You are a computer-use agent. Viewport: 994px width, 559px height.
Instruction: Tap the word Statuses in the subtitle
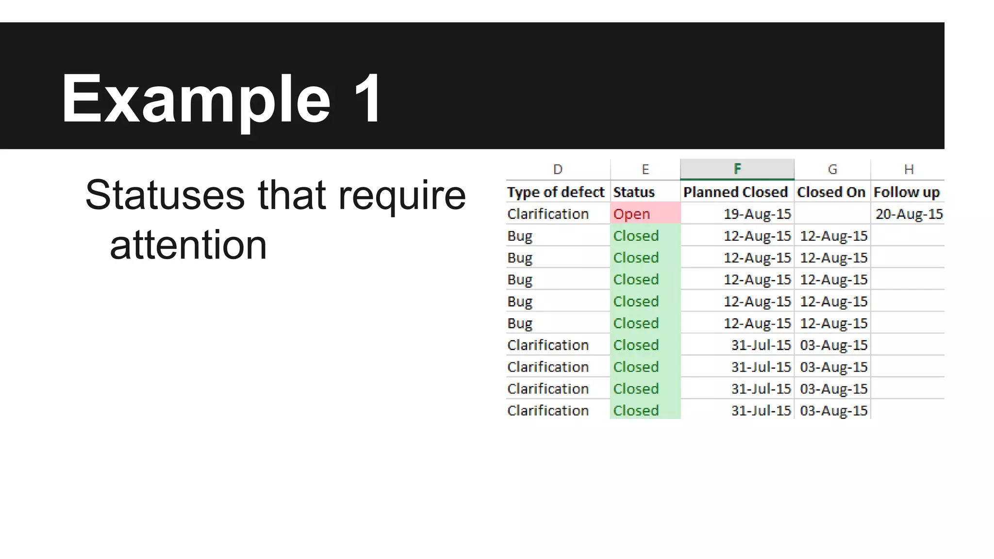click(x=165, y=195)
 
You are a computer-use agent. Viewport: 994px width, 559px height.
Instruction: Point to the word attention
click(x=188, y=245)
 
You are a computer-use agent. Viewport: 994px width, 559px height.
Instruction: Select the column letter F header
click(x=737, y=169)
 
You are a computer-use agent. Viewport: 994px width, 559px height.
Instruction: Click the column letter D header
click(x=558, y=169)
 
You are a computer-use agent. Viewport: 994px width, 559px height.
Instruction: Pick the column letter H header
click(x=909, y=169)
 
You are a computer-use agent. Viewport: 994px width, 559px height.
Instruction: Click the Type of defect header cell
click(x=556, y=192)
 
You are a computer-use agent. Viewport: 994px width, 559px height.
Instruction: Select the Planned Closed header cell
click(x=735, y=192)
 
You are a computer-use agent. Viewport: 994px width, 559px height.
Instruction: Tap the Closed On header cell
click(x=831, y=192)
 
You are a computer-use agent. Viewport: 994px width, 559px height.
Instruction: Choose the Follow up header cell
click(x=907, y=192)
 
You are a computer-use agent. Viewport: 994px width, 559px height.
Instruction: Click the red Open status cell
click(x=645, y=214)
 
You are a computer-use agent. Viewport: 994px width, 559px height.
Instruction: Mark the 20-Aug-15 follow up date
click(x=909, y=214)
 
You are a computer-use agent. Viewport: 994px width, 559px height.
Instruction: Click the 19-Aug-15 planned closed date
click(x=757, y=214)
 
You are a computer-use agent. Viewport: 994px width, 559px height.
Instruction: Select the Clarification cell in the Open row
click(x=548, y=214)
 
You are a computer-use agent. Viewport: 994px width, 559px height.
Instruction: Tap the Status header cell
click(x=634, y=192)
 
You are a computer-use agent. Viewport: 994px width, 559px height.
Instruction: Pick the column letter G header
click(x=832, y=169)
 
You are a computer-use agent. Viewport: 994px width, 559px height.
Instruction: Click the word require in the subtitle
click(x=402, y=195)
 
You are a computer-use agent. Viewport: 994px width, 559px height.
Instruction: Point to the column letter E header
click(x=645, y=169)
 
